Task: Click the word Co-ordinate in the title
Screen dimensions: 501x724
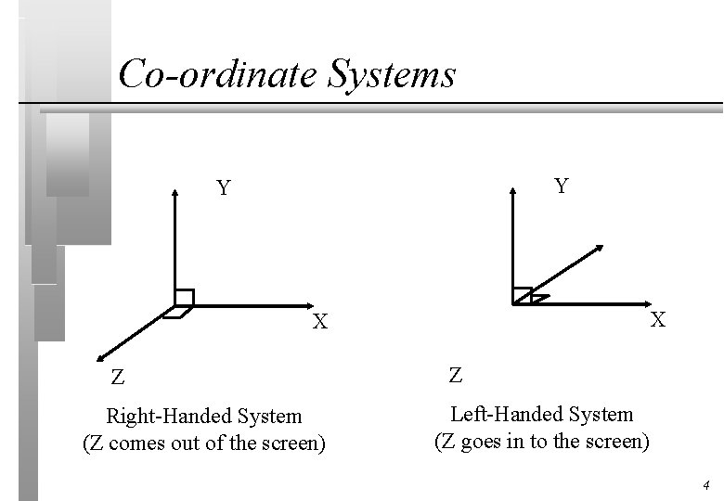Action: click(x=218, y=74)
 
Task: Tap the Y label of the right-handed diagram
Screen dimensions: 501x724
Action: click(x=224, y=189)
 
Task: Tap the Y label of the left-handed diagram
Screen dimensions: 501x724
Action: click(x=562, y=186)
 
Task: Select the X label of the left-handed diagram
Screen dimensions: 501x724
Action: click(x=657, y=320)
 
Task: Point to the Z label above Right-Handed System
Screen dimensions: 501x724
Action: click(x=117, y=378)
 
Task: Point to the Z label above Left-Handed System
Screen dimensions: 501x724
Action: click(x=455, y=375)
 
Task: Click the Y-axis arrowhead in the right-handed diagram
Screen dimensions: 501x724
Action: click(x=175, y=192)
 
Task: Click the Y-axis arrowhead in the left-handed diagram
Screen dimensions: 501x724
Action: click(x=513, y=192)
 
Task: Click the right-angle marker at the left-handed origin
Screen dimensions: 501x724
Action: click(x=524, y=296)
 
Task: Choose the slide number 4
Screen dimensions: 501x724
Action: click(x=706, y=485)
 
